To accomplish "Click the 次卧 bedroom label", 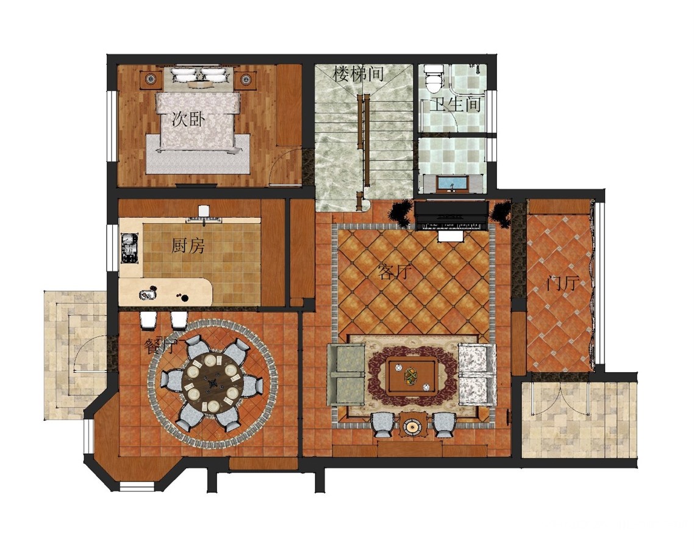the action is [188, 120].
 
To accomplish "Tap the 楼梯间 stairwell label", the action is [359, 73].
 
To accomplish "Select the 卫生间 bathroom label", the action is [456, 104].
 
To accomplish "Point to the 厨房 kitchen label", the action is [188, 246].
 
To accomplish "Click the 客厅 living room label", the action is [395, 272].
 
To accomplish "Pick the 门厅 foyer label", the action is [562, 283].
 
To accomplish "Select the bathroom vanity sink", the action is [451, 183].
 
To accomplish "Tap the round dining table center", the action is [212, 382].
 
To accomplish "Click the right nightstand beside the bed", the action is [245, 79].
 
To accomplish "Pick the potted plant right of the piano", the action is [501, 214].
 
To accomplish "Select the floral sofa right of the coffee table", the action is [477, 374].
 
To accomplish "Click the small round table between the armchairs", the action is [412, 426].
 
